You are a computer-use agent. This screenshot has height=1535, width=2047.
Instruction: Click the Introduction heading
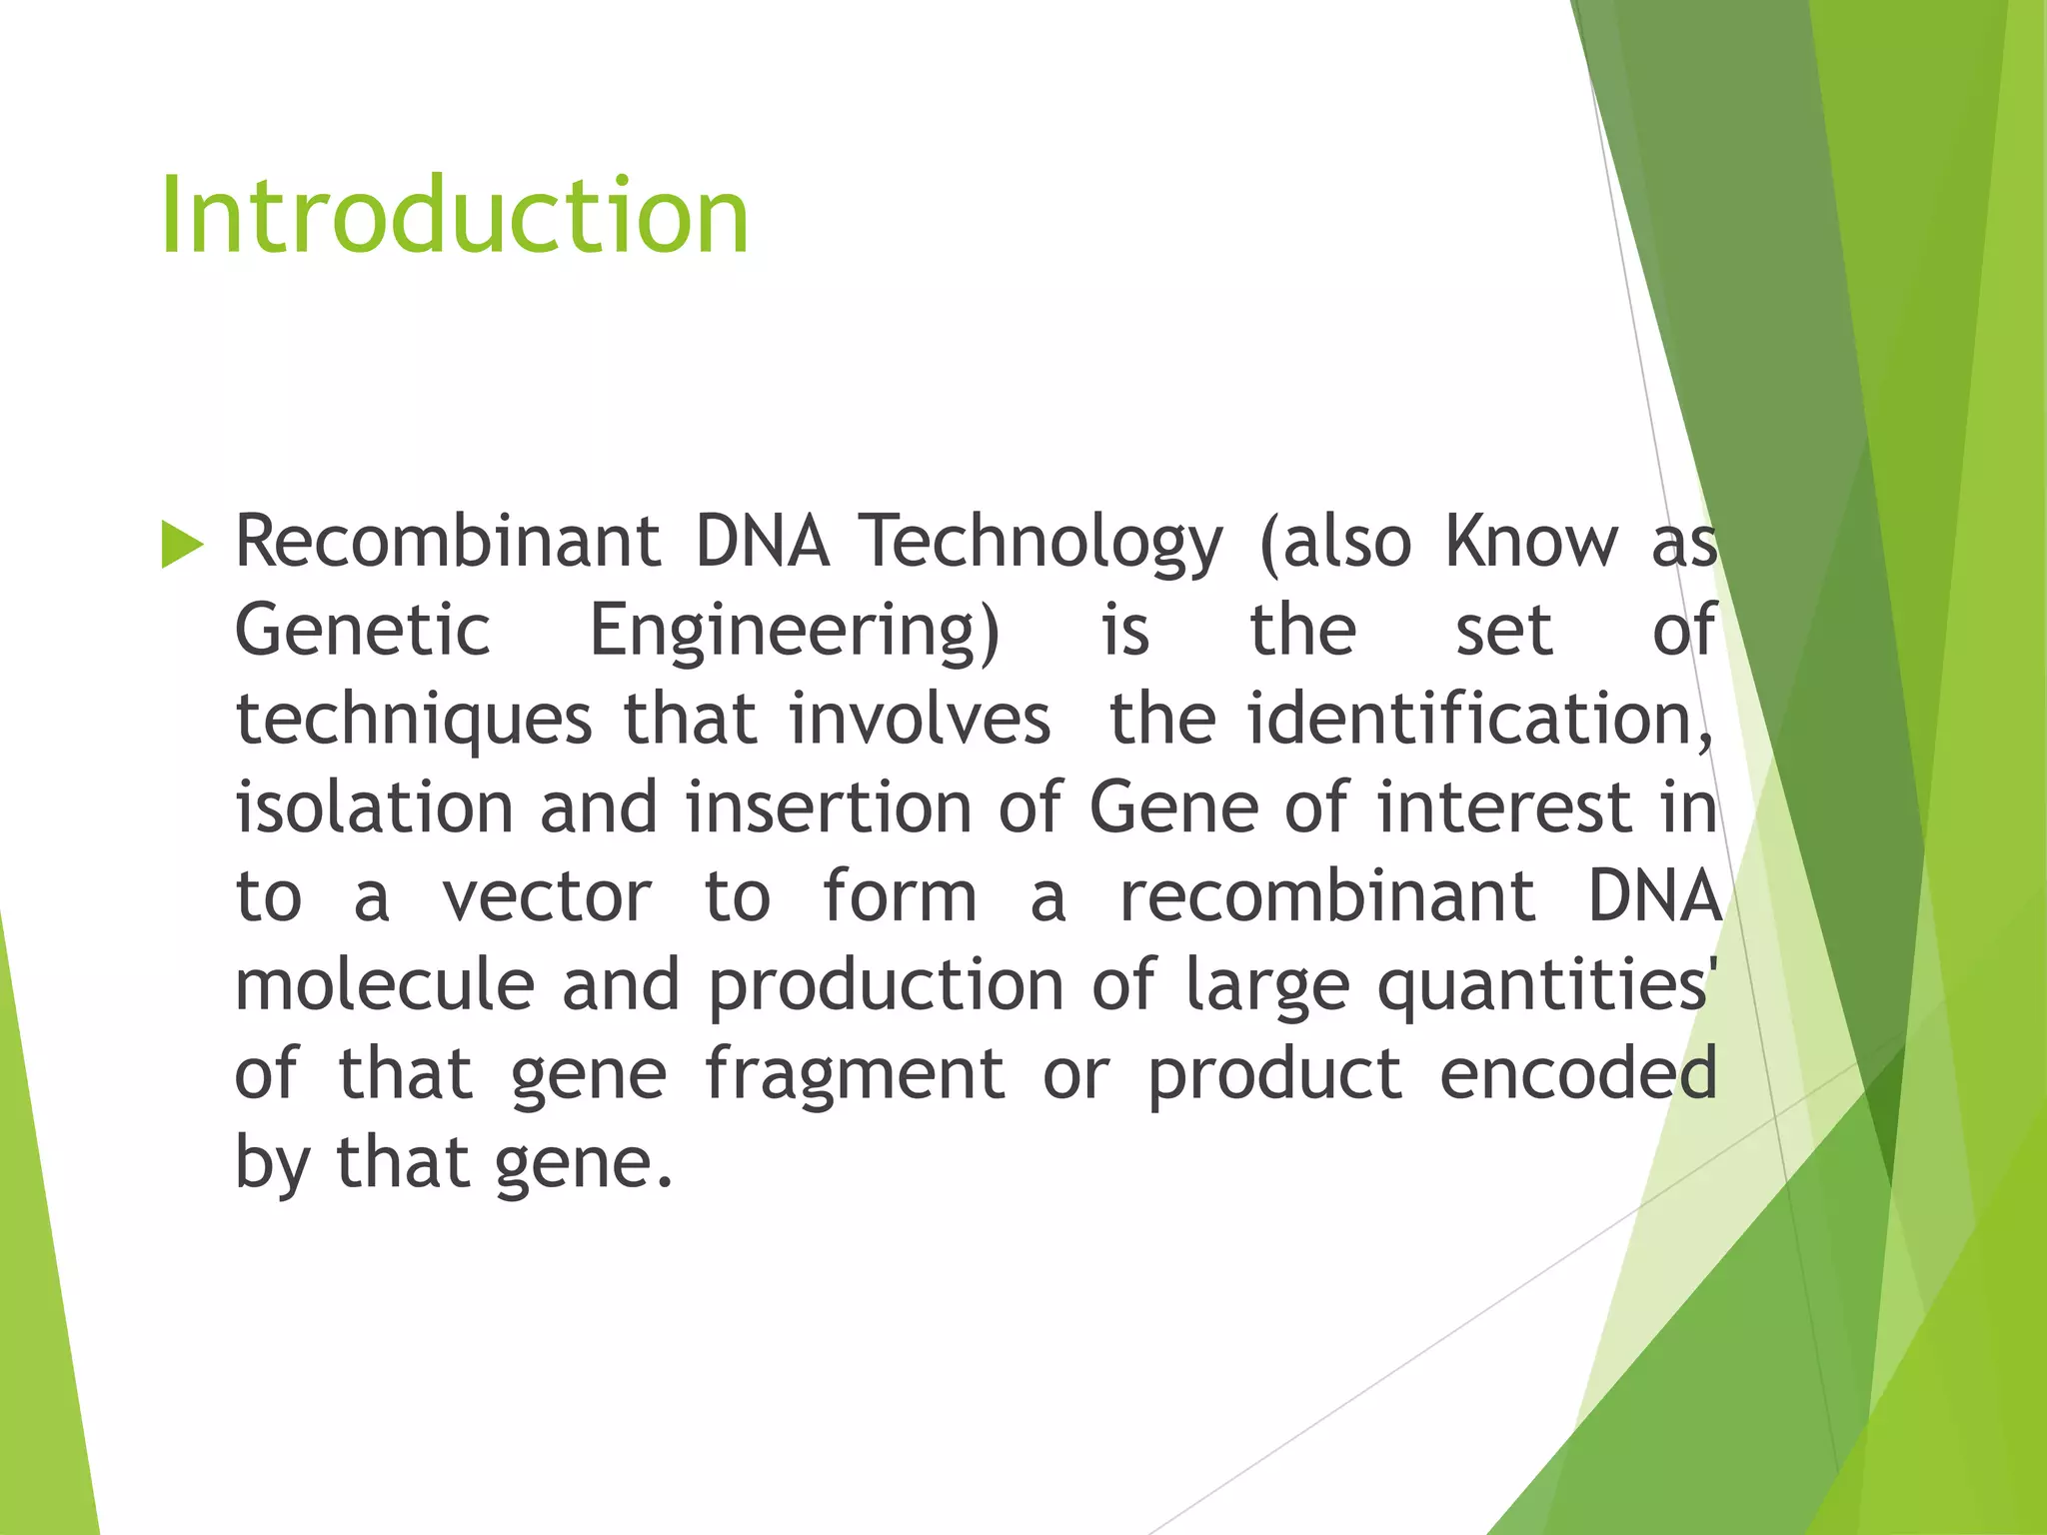click(454, 216)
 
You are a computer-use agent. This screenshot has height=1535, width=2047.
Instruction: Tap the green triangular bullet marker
click(181, 545)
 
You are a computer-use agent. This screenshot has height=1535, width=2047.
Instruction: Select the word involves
click(920, 719)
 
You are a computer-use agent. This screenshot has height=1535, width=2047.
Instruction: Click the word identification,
click(1480, 719)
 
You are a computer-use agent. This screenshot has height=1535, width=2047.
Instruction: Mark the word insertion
click(829, 806)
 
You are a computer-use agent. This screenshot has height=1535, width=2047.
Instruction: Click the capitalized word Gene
click(1173, 806)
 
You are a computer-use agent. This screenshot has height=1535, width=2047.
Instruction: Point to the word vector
click(547, 895)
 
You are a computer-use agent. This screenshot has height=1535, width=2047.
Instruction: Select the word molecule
click(385, 984)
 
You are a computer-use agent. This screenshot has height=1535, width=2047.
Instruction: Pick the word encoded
click(1578, 1073)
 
